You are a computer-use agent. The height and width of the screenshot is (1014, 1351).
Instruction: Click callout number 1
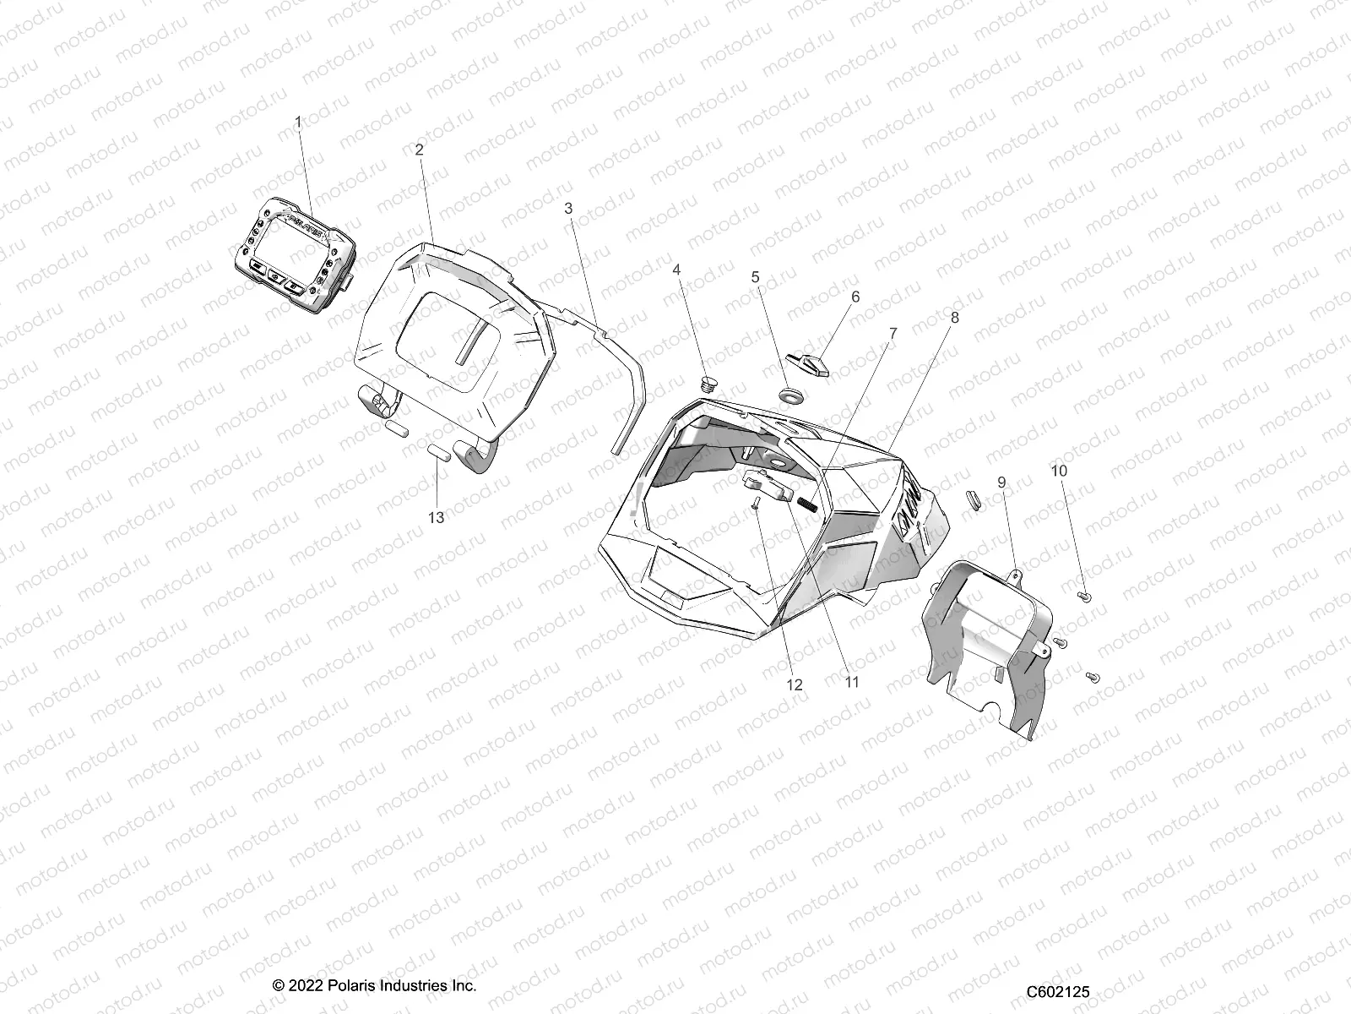point(297,123)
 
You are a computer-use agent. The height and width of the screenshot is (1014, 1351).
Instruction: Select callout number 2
point(419,149)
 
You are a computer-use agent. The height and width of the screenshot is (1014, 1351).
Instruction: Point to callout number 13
point(436,518)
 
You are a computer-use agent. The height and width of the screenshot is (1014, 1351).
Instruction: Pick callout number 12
point(795,685)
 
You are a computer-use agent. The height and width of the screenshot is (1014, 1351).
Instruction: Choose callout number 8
point(954,318)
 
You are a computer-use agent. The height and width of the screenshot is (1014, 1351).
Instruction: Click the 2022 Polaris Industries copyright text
point(375,986)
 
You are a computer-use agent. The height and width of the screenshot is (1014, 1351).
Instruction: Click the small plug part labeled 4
point(709,384)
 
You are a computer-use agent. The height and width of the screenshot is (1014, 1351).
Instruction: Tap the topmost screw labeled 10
point(1086,597)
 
